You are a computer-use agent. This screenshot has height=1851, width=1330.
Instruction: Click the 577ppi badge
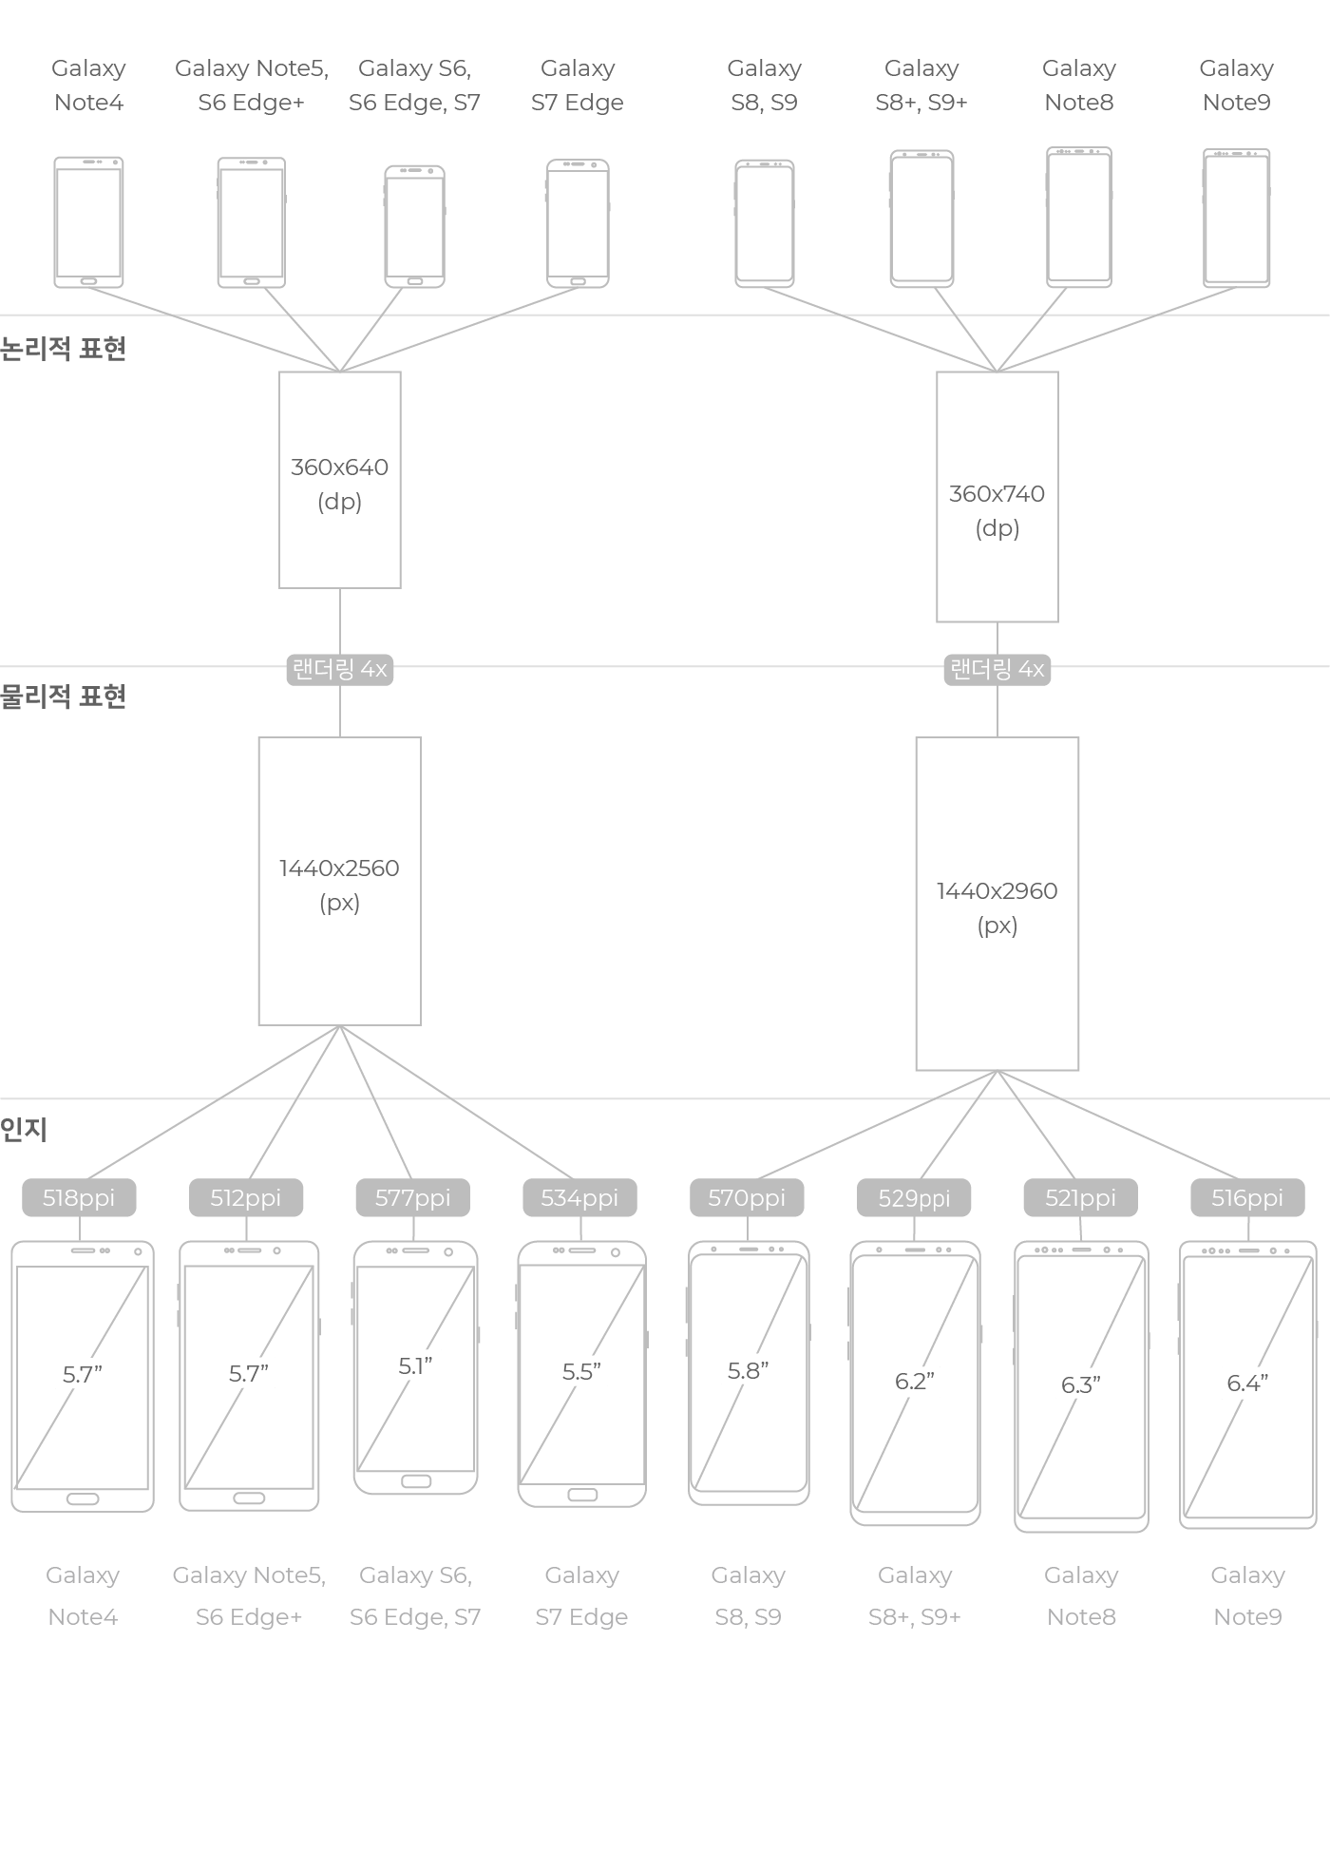pyautogui.click(x=412, y=1197)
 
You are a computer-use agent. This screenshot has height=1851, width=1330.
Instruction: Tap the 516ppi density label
pyautogui.click(x=1247, y=1197)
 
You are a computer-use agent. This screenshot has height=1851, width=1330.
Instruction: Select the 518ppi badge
pyautogui.click(x=79, y=1197)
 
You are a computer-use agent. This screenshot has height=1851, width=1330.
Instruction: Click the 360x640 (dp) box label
pyautogui.click(x=339, y=484)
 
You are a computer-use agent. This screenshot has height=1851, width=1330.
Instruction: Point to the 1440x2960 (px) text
pyautogui.click(x=997, y=907)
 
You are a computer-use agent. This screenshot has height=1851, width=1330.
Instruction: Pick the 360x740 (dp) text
pyautogui.click(x=997, y=510)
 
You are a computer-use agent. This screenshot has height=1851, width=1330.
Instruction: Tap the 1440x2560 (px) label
pyautogui.click(x=339, y=885)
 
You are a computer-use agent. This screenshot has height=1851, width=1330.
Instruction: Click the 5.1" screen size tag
pyautogui.click(x=415, y=1366)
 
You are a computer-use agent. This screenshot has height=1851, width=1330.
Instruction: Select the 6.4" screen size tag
pyautogui.click(x=1247, y=1383)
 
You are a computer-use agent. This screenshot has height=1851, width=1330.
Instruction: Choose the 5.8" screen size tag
pyautogui.click(x=749, y=1370)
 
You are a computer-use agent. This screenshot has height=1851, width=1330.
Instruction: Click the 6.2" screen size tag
pyautogui.click(x=915, y=1381)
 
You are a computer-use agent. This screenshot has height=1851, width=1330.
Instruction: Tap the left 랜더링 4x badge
pyautogui.click(x=339, y=670)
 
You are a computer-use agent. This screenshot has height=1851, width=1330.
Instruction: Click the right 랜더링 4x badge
pyautogui.click(x=997, y=670)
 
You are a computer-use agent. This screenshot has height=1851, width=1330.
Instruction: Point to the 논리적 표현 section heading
pyautogui.click(x=63, y=349)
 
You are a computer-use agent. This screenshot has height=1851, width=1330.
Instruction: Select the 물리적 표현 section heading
pyautogui.click(x=63, y=697)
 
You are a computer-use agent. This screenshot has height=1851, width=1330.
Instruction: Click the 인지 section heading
pyautogui.click(x=24, y=1129)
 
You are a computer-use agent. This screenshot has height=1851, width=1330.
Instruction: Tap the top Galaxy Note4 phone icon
pyautogui.click(x=88, y=221)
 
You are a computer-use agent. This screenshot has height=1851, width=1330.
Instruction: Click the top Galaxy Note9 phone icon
pyautogui.click(x=1236, y=218)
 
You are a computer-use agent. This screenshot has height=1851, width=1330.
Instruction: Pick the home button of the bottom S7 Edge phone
pyautogui.click(x=582, y=1495)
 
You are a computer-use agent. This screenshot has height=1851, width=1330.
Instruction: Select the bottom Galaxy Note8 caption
pyautogui.click(x=1081, y=1595)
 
